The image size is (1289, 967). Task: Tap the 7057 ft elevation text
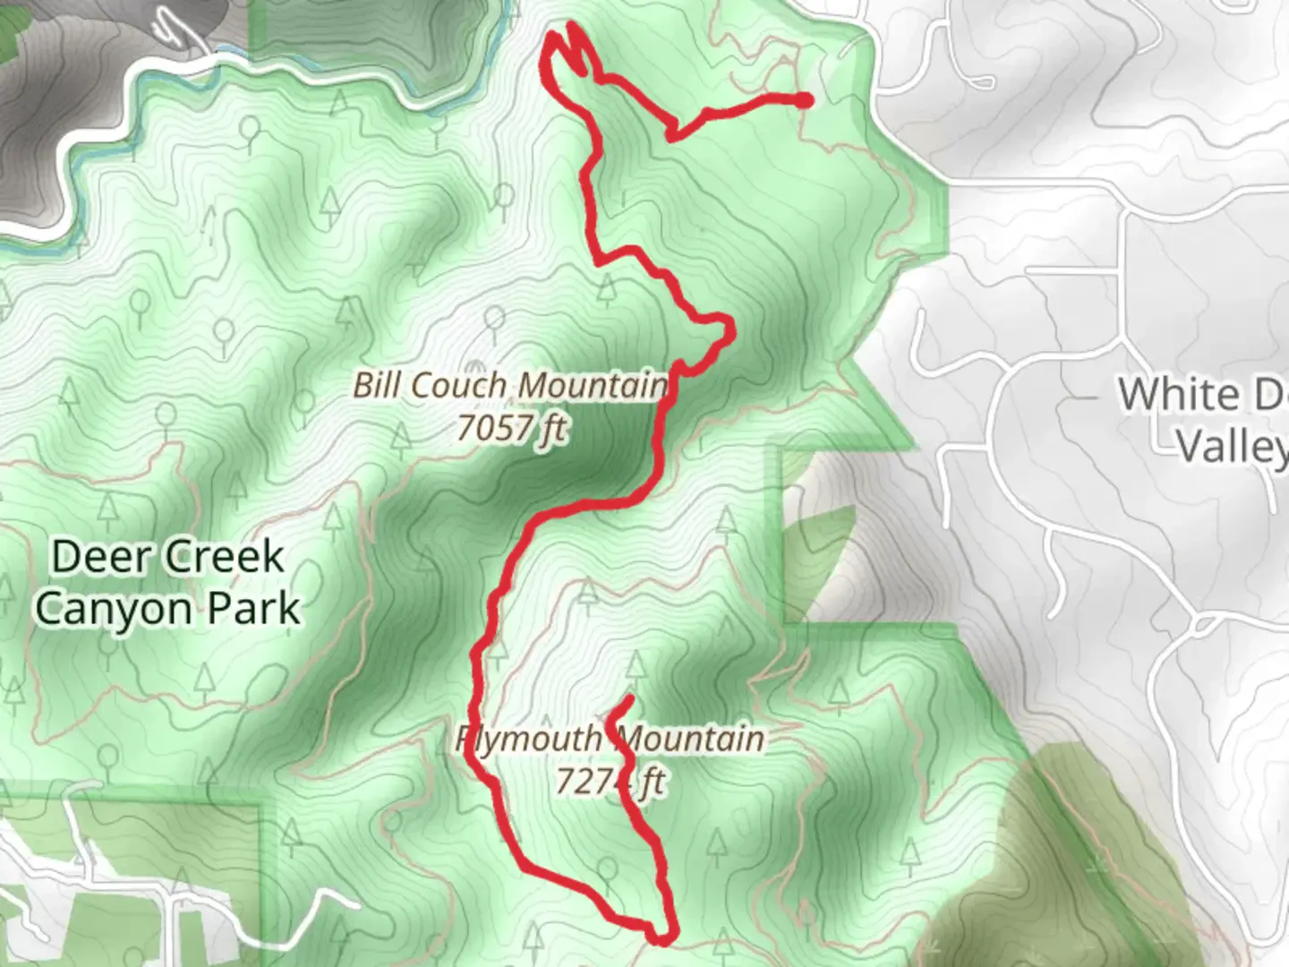(511, 428)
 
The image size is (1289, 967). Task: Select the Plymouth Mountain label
(610, 740)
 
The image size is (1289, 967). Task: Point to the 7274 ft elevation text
(609, 782)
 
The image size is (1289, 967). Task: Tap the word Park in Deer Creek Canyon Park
(255, 610)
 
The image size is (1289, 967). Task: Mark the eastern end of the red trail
(805, 99)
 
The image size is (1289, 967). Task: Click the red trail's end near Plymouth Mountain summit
(631, 697)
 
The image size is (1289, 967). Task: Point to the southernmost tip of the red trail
(661, 938)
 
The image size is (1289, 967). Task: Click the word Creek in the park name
(224, 557)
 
